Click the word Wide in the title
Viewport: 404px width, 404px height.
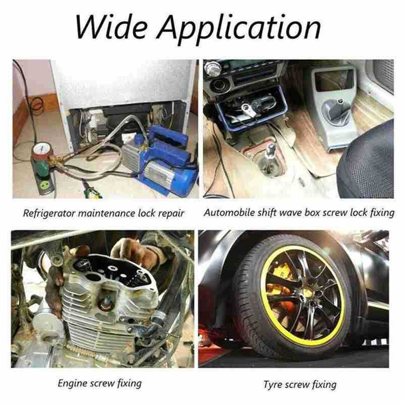[111, 27]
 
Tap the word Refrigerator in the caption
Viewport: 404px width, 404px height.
[49, 214]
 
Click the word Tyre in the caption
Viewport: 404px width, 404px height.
[273, 385]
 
